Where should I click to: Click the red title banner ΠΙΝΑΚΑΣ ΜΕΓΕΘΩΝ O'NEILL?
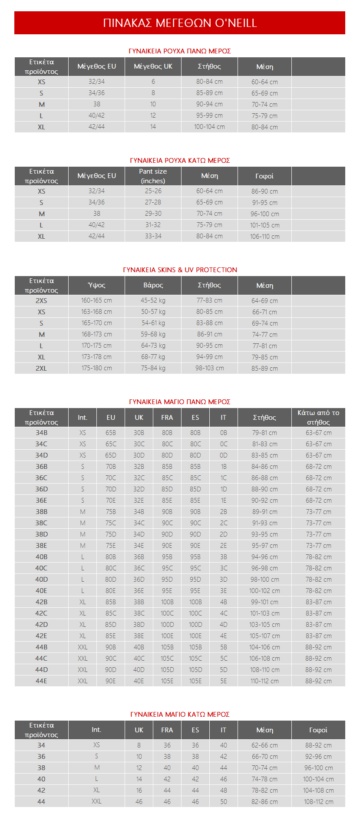pos(180,23)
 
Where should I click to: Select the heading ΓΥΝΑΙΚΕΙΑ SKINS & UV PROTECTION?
pos(180,270)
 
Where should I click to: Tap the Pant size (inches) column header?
pos(153,176)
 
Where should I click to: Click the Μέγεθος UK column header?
pos(153,66)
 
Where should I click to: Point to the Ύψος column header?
pos(96,285)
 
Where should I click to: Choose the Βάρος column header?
pos(153,285)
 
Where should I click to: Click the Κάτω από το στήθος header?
pos(318,417)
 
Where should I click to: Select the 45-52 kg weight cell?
pos(153,300)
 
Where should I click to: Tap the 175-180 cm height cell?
pos(96,368)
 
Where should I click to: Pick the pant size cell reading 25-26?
pos(153,191)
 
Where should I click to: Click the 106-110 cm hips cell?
pos(264,237)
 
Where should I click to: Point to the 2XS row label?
pos(41,300)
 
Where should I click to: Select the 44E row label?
pos(41,681)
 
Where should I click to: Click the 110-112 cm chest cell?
pos(264,681)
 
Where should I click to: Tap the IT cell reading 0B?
pos(223,433)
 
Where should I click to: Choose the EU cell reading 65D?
pos(111,455)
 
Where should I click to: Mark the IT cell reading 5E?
pos(223,681)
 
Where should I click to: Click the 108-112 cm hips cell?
pos(318,801)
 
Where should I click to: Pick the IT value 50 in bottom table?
pos(223,801)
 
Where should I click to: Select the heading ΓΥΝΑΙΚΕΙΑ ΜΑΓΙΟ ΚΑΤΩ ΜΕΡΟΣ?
pos(180,714)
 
